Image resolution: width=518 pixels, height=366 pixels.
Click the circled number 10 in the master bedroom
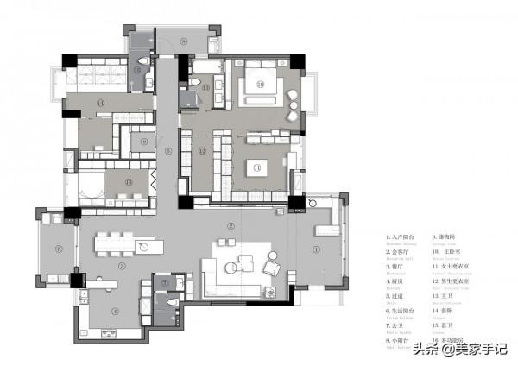(259, 84)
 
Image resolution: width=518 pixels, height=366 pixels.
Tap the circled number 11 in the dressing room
(256, 166)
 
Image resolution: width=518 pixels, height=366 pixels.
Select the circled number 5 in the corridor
(168, 150)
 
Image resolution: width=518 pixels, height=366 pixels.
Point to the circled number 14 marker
(101, 104)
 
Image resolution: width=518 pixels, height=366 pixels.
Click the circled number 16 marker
(129, 182)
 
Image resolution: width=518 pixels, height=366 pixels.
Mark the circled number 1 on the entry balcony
(315, 251)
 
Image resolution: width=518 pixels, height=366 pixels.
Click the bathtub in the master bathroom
(205, 66)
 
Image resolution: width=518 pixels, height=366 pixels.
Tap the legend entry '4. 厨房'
(398, 281)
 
